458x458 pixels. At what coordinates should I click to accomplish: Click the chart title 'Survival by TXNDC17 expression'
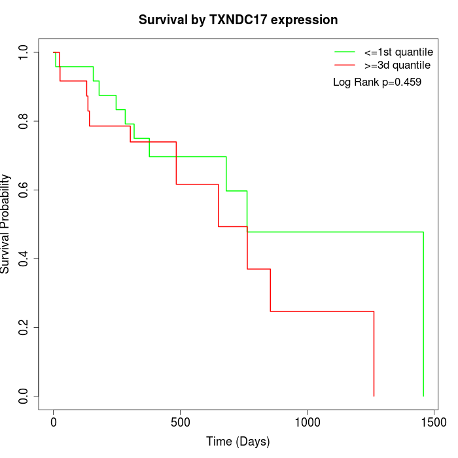[x=238, y=20]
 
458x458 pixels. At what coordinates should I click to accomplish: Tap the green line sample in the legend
[x=344, y=52]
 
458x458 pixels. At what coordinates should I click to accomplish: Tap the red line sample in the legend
[x=344, y=65]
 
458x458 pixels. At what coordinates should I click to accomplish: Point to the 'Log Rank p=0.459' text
[x=377, y=82]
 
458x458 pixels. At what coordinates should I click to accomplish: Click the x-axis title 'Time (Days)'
[x=238, y=442]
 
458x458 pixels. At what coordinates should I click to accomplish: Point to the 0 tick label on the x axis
[x=54, y=423]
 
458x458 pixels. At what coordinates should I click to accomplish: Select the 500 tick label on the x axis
[x=180, y=423]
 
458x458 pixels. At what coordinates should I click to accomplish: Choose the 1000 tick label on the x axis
[x=307, y=423]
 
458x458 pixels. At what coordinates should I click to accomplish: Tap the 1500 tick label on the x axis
[x=433, y=423]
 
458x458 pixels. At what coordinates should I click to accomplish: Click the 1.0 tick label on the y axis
[x=24, y=52]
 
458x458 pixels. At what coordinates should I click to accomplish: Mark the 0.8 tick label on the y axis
[x=24, y=121]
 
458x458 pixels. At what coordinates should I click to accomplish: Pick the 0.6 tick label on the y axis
[x=24, y=190]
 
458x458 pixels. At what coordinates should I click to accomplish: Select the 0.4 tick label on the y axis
[x=24, y=258]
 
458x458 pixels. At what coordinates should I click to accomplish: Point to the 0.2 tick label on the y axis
[x=24, y=327]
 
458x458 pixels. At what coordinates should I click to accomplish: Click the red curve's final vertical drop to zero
[x=374, y=353]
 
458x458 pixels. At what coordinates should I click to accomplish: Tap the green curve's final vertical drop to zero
[x=423, y=314]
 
